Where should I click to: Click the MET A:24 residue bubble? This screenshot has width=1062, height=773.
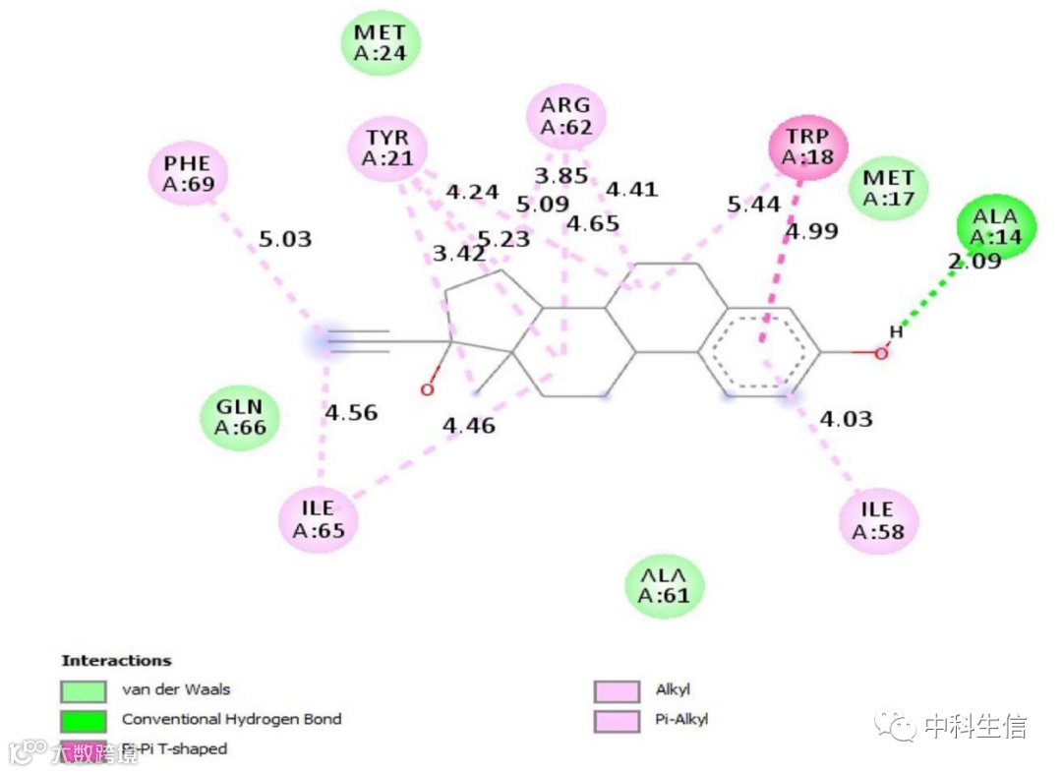pos(381,44)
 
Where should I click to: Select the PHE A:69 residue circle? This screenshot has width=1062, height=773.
pos(188,173)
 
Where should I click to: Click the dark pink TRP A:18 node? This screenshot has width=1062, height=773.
pos(806,146)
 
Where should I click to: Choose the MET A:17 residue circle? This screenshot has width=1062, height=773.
pos(889,188)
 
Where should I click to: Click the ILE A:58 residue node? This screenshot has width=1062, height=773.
pos(878,520)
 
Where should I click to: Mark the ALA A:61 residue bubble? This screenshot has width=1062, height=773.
pos(665,585)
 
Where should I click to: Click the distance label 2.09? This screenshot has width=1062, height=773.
pos(974,262)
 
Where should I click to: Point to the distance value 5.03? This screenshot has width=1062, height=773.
pos(284,239)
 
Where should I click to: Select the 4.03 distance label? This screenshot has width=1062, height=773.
pos(846,421)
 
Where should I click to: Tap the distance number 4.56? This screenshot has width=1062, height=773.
pos(351,413)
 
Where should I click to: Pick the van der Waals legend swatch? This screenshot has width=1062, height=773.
pos(83,690)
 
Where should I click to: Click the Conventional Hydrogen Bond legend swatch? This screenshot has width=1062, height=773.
pos(83,720)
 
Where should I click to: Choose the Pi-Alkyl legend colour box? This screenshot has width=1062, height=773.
pos(617,720)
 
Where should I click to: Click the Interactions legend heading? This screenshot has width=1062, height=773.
pos(116,661)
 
